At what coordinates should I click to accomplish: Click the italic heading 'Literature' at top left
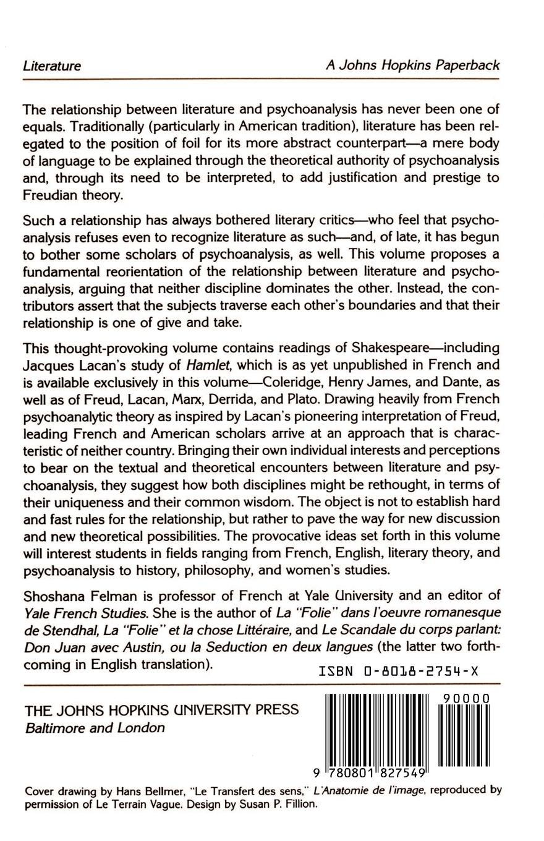tap(52, 66)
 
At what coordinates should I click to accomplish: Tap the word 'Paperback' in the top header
tap(469, 65)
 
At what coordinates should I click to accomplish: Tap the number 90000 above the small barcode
tap(467, 698)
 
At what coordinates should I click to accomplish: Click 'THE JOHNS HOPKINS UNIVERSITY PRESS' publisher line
tap(161, 709)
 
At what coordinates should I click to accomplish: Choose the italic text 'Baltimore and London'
tap(95, 728)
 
